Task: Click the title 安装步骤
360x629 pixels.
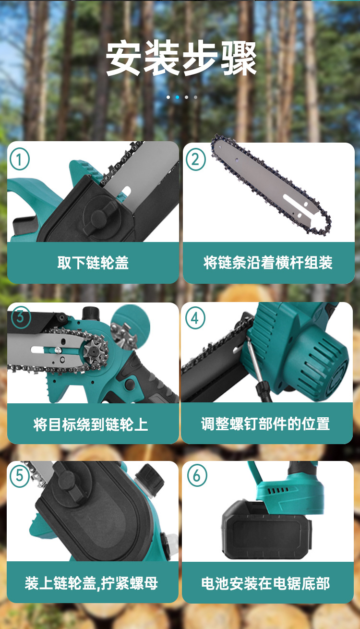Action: click(181, 58)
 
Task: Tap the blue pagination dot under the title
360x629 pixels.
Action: click(177, 97)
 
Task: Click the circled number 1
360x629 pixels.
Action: click(19, 159)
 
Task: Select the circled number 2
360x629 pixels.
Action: click(195, 159)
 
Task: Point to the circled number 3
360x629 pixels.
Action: click(20, 317)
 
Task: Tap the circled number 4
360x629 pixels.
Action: click(195, 318)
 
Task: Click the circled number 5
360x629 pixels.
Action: click(19, 475)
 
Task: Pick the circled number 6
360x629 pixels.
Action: click(196, 475)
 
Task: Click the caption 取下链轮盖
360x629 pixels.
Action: click(93, 263)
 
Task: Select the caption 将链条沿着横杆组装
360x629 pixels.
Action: click(268, 263)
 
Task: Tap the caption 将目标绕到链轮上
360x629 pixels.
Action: click(90, 424)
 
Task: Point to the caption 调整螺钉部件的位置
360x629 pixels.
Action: click(265, 423)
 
